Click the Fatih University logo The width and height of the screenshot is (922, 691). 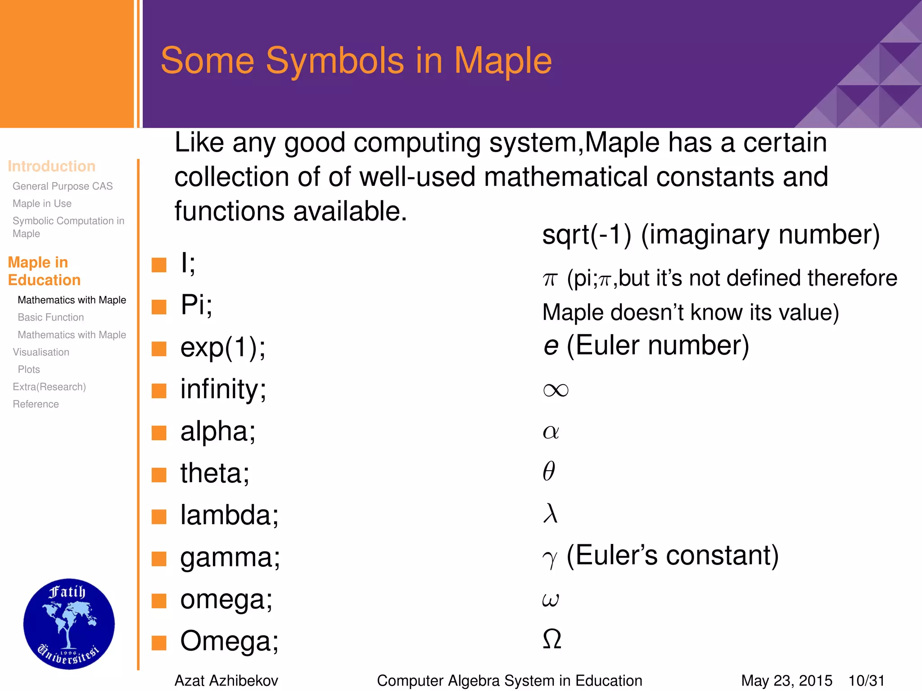pyautogui.click(x=69, y=624)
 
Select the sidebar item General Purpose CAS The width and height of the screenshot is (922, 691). pyautogui.click(x=63, y=186)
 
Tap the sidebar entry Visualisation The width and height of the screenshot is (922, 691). pyautogui.click(x=41, y=352)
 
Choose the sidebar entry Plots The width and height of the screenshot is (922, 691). pyautogui.click(x=29, y=369)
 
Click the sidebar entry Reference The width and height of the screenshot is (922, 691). pyautogui.click(x=36, y=404)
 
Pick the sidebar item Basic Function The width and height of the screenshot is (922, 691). pyautogui.click(x=51, y=318)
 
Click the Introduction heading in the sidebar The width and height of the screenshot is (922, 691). pyautogui.click(x=51, y=166)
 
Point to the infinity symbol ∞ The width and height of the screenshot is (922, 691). pyautogui.click(x=556, y=390)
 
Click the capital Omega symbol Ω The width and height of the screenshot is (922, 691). pyautogui.click(x=552, y=639)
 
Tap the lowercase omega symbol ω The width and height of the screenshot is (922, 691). pyautogui.click(x=551, y=599)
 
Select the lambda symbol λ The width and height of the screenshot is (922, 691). pyautogui.click(x=550, y=513)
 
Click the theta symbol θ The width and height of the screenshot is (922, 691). pyautogui.click(x=549, y=471)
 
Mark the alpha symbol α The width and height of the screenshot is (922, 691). pyautogui.click(x=551, y=432)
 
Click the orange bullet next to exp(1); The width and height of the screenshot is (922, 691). pyautogui.click(x=159, y=349)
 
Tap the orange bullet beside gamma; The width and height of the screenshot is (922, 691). pyautogui.click(x=159, y=559)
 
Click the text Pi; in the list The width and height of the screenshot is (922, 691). pyautogui.click(x=196, y=305)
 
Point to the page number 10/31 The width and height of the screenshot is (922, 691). pyautogui.click(x=866, y=681)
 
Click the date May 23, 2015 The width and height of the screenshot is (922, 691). pyautogui.click(x=786, y=681)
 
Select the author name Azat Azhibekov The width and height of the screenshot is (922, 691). pyautogui.click(x=226, y=681)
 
